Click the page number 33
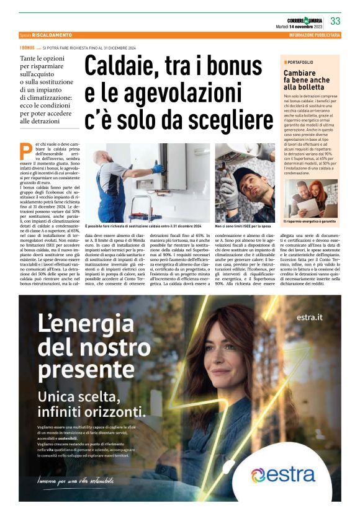(x=336, y=21)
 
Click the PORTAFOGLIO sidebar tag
(x=302, y=62)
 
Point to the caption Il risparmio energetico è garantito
(x=309, y=221)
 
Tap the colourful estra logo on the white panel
(x=282, y=475)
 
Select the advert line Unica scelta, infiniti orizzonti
(x=92, y=404)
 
